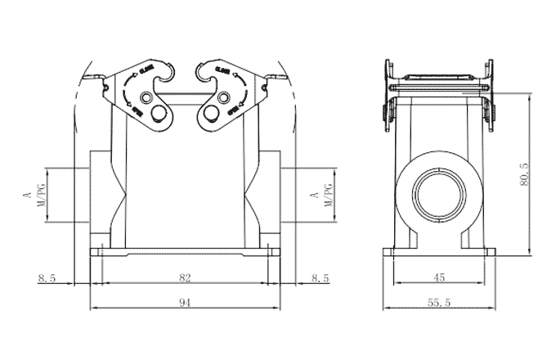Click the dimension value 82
[185, 278]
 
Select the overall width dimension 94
[185, 302]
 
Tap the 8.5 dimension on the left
[47, 278]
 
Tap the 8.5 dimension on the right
[321, 278]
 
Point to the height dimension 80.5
[524, 173]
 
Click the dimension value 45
[438, 278]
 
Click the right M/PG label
[329, 196]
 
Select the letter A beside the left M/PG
[26, 196]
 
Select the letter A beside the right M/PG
[315, 196]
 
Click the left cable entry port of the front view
[101, 196]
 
